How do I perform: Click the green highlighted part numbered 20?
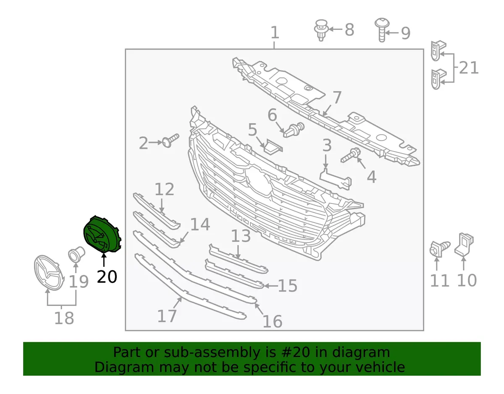[102, 235]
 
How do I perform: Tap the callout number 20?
[107, 277]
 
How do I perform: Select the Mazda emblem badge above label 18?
[49, 272]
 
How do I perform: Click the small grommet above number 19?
[76, 255]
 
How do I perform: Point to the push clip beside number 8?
[321, 30]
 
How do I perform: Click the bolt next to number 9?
[381, 30]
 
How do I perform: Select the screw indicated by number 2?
[171, 140]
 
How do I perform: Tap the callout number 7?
[337, 98]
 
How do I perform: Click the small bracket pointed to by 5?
[273, 146]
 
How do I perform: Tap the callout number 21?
[469, 68]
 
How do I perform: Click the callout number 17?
[167, 316]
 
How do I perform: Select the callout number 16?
[273, 321]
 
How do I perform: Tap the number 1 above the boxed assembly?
[275, 33]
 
